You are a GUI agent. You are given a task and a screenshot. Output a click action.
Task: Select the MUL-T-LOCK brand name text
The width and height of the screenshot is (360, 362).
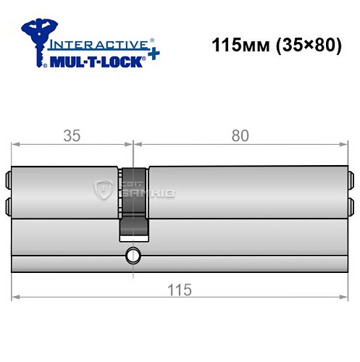99,62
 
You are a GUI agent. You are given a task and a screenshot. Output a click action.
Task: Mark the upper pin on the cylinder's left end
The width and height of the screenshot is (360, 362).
9,179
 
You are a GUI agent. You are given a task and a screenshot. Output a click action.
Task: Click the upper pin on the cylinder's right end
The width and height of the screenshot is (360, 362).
351,179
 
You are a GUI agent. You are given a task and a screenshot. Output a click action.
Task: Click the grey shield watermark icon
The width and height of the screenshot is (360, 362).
104,190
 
